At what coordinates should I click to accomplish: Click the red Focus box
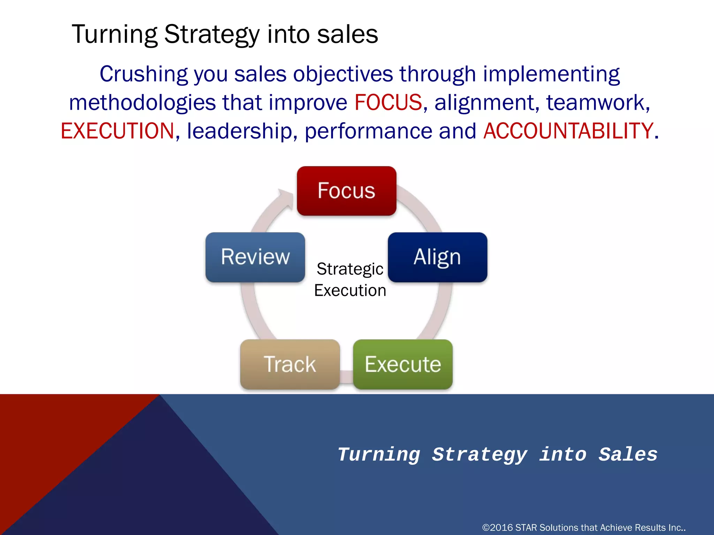347,191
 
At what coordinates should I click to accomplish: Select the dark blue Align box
437,257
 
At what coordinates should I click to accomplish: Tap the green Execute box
403,364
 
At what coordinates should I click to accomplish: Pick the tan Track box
290,364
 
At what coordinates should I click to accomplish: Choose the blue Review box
255,257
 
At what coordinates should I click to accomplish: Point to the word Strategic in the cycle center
350,269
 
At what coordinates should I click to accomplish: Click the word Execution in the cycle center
350,290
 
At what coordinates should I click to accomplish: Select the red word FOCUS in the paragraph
388,102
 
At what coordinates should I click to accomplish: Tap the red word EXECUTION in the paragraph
117,131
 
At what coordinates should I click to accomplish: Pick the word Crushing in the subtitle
144,74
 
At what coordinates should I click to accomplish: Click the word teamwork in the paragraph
597,102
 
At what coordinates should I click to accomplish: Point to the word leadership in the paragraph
239,131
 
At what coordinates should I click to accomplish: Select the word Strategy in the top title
212,34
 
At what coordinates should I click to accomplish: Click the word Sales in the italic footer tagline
628,455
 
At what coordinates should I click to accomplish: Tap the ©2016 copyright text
584,528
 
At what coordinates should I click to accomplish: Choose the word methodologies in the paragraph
142,102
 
